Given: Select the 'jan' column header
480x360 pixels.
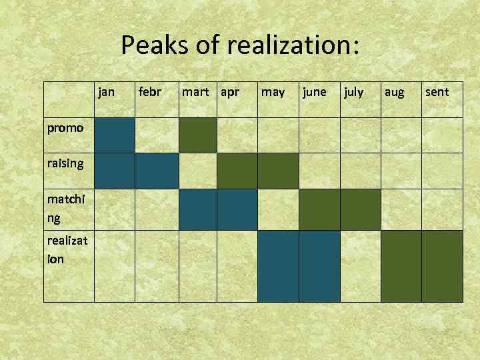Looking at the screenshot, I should pos(107,91).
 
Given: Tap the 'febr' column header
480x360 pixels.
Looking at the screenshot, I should pos(149,91).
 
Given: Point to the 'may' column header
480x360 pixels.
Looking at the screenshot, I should pos(273,91).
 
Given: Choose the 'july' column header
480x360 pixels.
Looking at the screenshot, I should pos(353,91).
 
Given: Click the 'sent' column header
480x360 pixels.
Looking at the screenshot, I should pos(437,91).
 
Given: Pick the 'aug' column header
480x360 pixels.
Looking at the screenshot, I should pos(394,91).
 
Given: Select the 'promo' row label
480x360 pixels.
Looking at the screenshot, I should pos(65,127).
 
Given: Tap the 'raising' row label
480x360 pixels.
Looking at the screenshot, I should pos(65,163).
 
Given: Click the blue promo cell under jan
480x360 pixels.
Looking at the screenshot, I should pos(114,135).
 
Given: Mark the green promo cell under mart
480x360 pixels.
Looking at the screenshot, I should pos(198,135).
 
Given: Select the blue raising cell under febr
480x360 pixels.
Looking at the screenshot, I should pos(157,171).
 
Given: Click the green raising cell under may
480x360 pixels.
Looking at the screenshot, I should pos(278,171).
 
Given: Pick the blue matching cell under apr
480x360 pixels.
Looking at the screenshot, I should pos(237,209).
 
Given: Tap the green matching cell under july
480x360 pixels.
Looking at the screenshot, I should pos(361,209).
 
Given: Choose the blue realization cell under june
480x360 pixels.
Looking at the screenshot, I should pos(319,266).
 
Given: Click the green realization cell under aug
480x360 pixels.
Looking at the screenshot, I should pos(402,266).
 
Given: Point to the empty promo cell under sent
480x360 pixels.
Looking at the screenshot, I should pos(443,135).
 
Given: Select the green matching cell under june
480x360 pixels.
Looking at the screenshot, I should pos(319,209).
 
